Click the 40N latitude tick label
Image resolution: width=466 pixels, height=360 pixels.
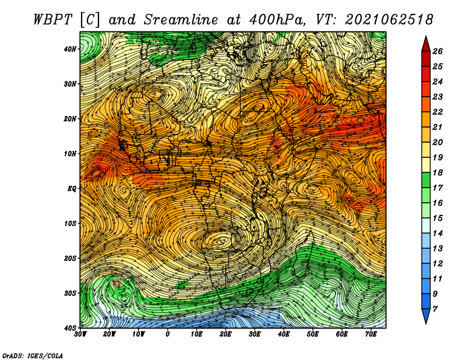(69, 49)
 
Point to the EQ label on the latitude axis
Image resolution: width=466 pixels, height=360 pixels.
(72, 189)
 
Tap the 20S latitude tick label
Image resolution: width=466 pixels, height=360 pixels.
(70, 258)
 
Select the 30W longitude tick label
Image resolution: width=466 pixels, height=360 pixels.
(80, 334)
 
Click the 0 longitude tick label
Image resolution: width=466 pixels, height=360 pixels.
(168, 334)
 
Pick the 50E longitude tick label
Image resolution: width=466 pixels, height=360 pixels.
(313, 334)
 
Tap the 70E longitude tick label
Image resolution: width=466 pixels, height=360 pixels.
(370, 334)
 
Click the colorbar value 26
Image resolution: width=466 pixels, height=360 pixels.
(437, 51)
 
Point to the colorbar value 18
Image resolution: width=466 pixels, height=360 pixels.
(437, 172)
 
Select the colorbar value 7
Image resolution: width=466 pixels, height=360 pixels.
(435, 309)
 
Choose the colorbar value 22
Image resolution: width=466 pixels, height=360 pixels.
(437, 112)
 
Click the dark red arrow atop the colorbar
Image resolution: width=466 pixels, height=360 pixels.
(426, 44)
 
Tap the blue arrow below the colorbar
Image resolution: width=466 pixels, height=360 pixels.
(426, 316)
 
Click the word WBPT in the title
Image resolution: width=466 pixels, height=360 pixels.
(52, 20)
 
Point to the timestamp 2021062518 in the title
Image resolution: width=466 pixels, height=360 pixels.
(389, 20)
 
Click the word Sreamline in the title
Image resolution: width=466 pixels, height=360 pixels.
(181, 20)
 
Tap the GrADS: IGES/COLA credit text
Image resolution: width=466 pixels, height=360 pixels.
(32, 356)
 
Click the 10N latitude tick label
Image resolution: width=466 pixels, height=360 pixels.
(69, 154)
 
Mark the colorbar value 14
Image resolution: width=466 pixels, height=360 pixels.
(437, 234)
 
